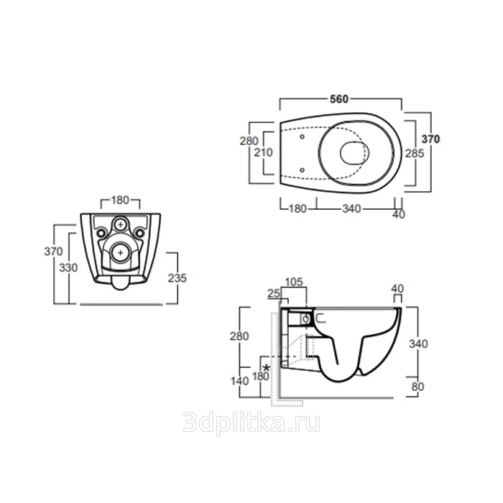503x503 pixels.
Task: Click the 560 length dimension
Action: (x=339, y=99)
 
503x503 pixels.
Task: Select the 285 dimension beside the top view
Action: (x=415, y=153)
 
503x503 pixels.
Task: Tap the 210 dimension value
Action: (x=264, y=152)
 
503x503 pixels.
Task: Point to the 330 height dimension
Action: (x=68, y=267)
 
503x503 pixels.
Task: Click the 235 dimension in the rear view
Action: (x=177, y=278)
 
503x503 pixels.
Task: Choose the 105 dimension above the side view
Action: (x=294, y=282)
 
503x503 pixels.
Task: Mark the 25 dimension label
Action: (x=274, y=293)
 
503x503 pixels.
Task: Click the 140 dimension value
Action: (x=239, y=381)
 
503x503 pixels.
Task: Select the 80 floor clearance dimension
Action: (x=417, y=387)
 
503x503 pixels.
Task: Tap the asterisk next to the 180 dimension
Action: (x=267, y=368)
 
